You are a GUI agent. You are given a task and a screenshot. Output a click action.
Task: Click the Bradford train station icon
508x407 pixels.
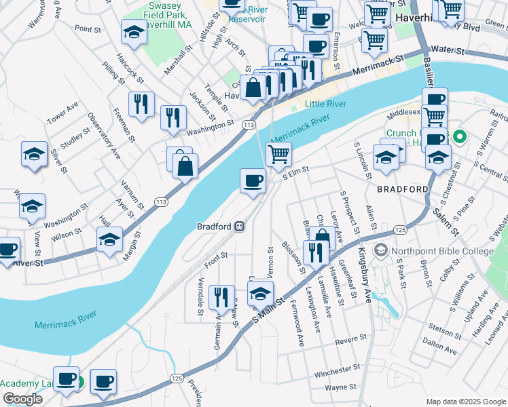click(x=240, y=226)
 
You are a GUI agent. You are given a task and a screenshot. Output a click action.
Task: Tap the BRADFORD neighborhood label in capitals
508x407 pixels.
click(x=403, y=189)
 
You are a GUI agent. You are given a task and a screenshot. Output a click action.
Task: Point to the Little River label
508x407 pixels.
click(x=325, y=104)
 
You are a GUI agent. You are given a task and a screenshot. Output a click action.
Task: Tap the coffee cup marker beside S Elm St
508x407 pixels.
click(x=253, y=181)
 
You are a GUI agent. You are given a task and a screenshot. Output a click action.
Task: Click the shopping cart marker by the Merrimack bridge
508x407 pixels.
click(x=278, y=154)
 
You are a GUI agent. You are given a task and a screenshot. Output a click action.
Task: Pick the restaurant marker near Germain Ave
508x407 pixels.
click(x=221, y=297)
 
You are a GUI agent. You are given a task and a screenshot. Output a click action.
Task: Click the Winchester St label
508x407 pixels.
click(x=337, y=372)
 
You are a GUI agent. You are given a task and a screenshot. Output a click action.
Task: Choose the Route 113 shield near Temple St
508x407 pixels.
click(x=249, y=125)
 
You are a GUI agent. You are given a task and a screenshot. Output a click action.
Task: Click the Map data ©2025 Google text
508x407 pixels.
click(x=466, y=402)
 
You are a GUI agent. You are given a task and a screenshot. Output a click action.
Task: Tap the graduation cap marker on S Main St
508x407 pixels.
click(x=259, y=295)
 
